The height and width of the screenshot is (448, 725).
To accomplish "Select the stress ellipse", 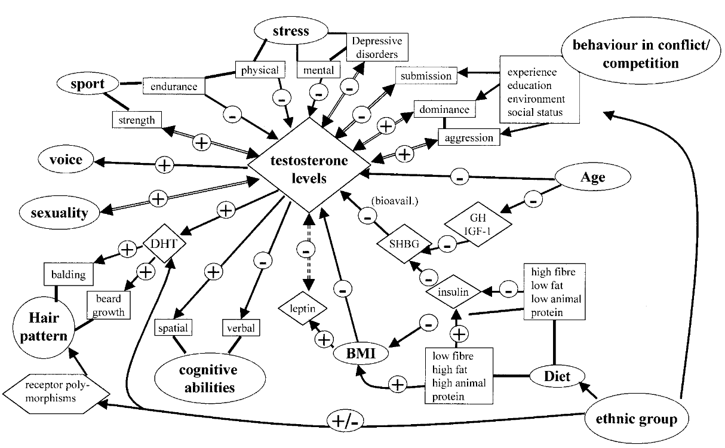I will click(290, 32).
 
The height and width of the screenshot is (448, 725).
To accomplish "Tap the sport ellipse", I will click(88, 84).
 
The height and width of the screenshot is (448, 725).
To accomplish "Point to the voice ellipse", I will click(67, 160).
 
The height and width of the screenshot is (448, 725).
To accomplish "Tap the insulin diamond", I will click(455, 293).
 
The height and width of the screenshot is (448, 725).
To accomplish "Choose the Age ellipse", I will click(592, 177).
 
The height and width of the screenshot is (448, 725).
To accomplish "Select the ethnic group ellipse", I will click(637, 419).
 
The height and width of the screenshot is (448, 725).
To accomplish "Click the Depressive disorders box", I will click(376, 47).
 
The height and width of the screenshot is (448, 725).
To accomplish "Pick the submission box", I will click(426, 76).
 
